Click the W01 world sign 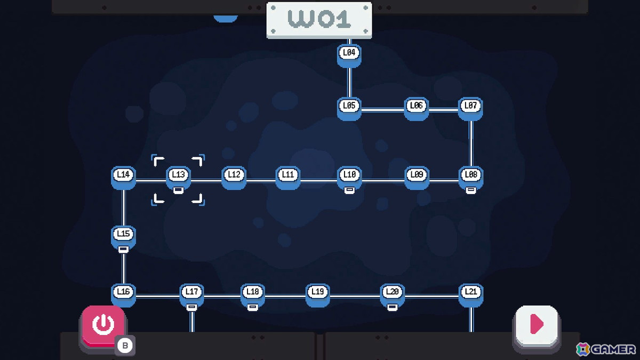[x=319, y=20]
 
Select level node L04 [x=349, y=55]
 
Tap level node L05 [x=349, y=109]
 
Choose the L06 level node [x=417, y=109]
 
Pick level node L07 [x=470, y=109]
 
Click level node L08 [x=471, y=178]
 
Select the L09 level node [x=417, y=178]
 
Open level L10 [x=349, y=178]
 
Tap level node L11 [x=287, y=178]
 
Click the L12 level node [x=234, y=178]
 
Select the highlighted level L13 [x=179, y=178]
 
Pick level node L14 [x=123, y=178]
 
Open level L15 [x=123, y=237]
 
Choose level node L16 [x=123, y=295]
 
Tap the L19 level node [x=318, y=295]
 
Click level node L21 [x=471, y=295]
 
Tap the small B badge [x=125, y=346]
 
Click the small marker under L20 [x=393, y=307]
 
